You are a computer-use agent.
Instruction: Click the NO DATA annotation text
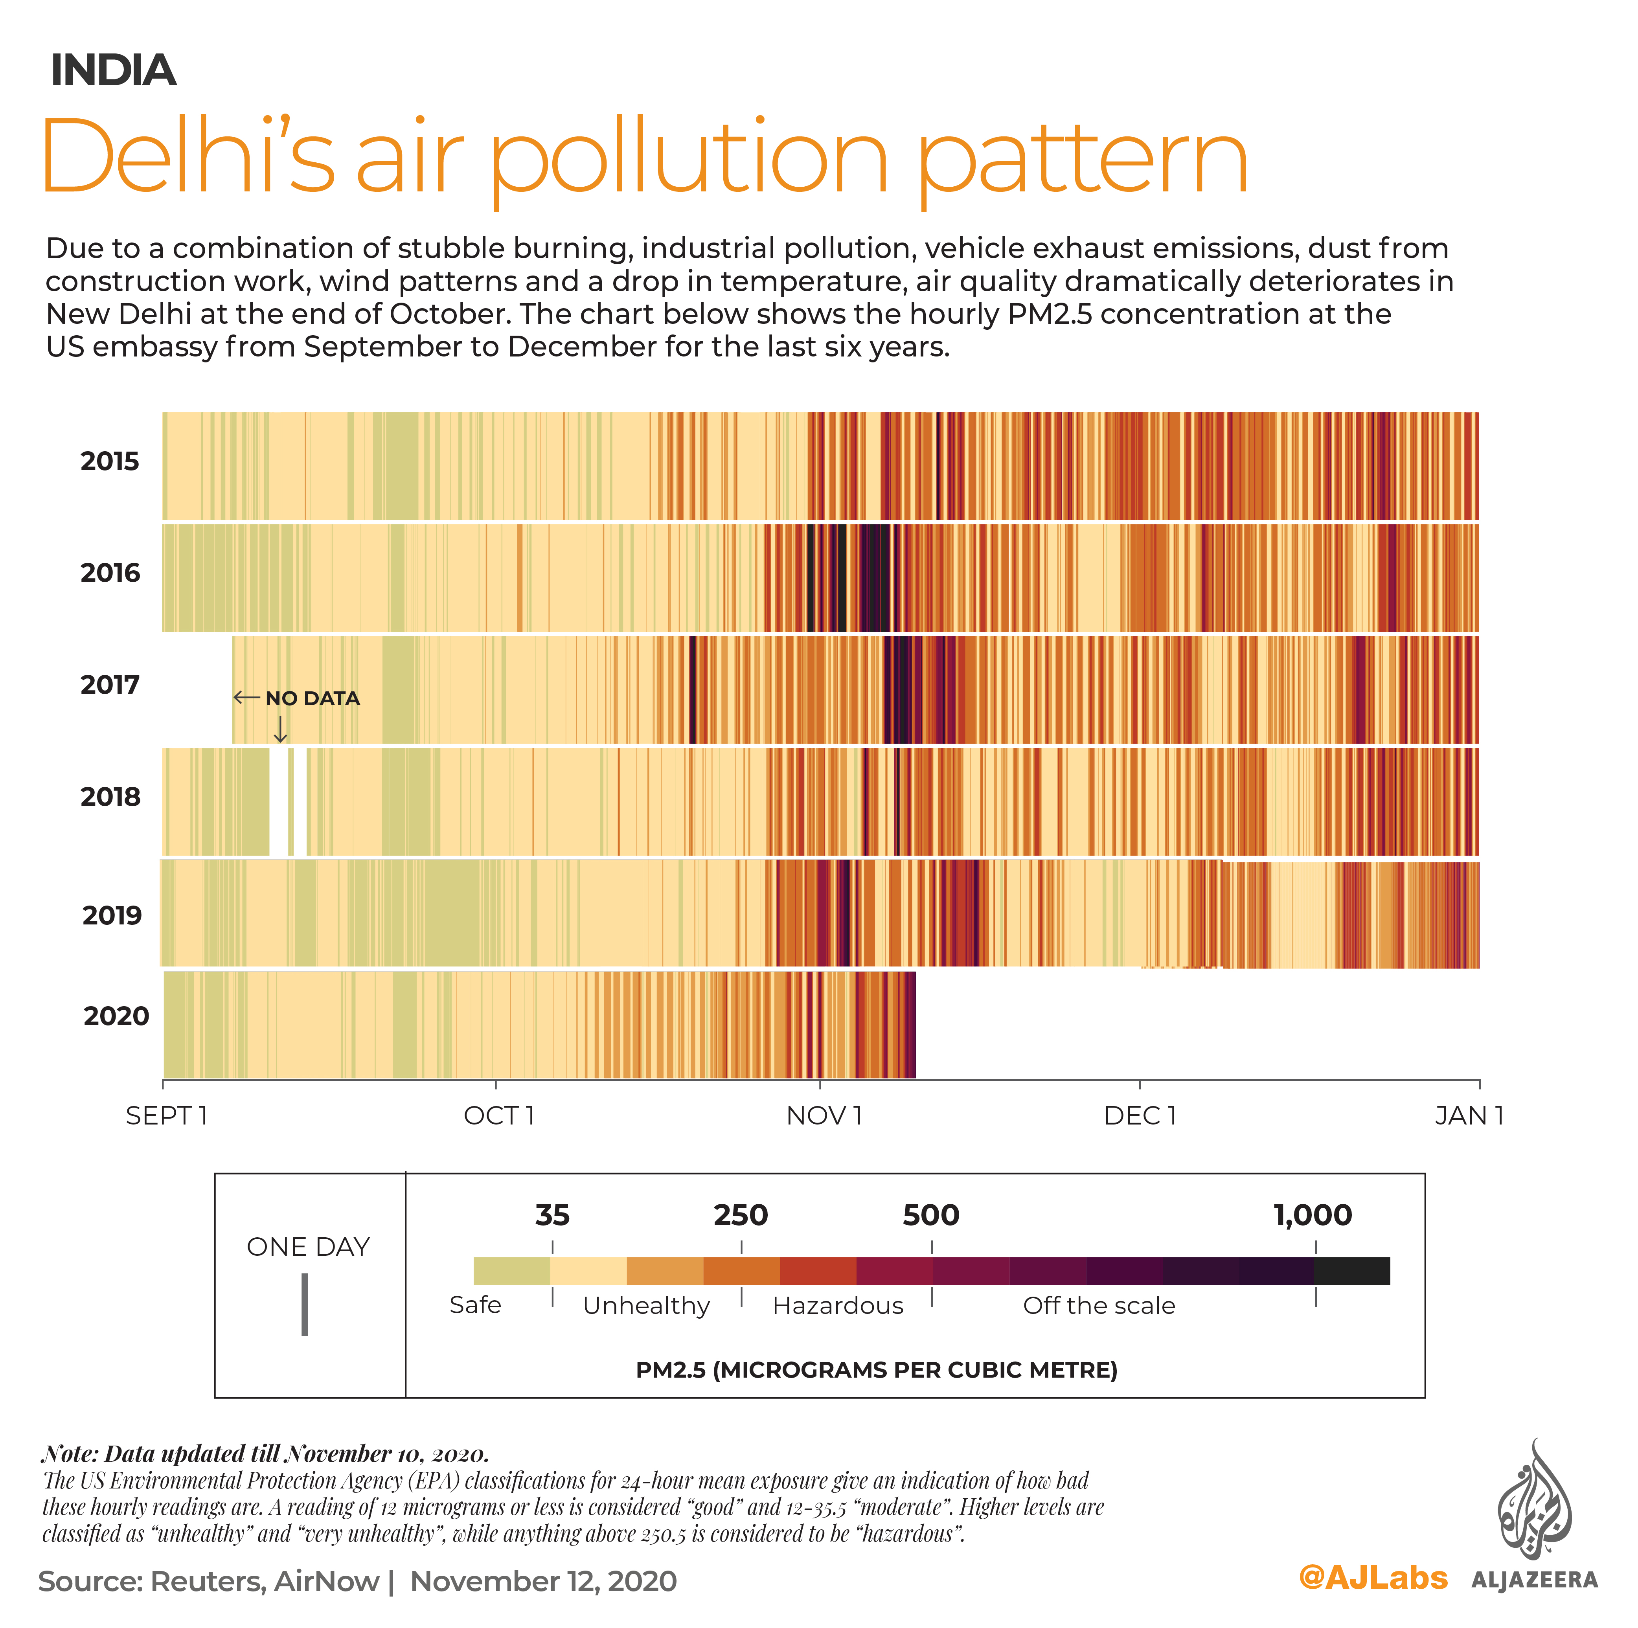[312, 699]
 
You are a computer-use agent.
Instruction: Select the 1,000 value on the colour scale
[1313, 1215]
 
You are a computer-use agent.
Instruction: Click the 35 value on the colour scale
[552, 1215]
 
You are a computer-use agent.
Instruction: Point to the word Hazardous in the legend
[838, 1306]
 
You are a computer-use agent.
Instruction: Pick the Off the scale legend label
[1099, 1306]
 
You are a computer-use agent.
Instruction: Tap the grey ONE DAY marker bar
[304, 1304]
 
